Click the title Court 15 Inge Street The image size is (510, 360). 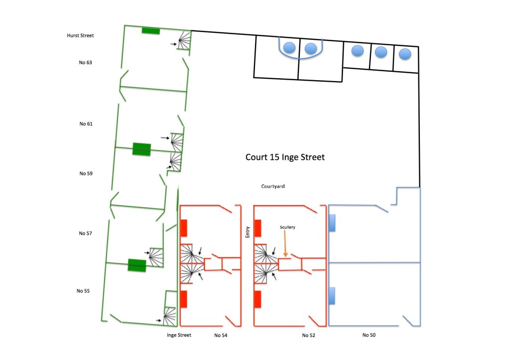click(x=285, y=157)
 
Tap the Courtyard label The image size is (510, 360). click(x=272, y=186)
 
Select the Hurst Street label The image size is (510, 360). click(x=81, y=36)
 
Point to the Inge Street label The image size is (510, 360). click(x=179, y=335)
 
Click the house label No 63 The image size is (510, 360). click(x=86, y=63)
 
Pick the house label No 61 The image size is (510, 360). click(x=86, y=123)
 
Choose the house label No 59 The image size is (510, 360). click(x=86, y=174)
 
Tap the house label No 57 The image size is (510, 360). click(x=86, y=233)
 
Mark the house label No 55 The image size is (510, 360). click(x=83, y=290)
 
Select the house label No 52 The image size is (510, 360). click(x=308, y=335)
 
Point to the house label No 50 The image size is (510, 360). click(x=369, y=335)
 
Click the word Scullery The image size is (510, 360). click(x=287, y=227)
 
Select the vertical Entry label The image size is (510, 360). click(x=248, y=232)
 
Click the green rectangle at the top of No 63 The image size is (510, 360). click(x=150, y=31)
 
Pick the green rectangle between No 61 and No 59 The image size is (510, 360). click(x=141, y=149)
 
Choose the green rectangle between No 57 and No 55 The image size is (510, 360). click(x=137, y=265)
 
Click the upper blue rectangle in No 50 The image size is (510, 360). click(x=332, y=223)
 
